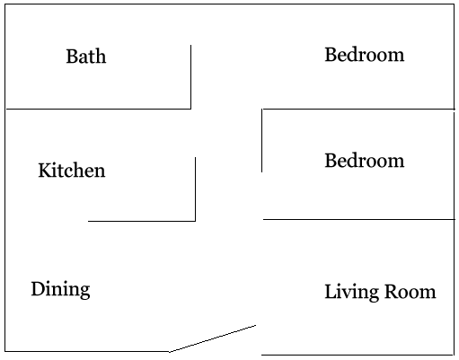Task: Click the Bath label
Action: click(86, 56)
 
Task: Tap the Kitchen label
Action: click(72, 171)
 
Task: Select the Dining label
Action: click(60, 289)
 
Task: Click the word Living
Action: click(351, 293)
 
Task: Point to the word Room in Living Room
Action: click(410, 292)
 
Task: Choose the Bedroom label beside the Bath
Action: click(365, 55)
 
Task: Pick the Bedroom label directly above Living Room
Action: click(365, 161)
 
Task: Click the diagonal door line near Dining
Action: click(213, 338)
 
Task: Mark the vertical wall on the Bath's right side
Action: click(190, 77)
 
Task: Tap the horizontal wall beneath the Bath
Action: click(99, 109)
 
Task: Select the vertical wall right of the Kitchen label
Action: click(195, 189)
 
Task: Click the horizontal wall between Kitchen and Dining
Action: click(142, 221)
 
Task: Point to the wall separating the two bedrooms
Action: click(358, 109)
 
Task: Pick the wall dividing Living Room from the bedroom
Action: click(359, 219)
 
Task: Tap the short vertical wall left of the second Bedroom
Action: click(262, 141)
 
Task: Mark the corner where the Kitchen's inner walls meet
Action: click(195, 221)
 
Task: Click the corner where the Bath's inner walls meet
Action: click(190, 109)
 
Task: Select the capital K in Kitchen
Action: click(45, 171)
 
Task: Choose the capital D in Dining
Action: click(38, 289)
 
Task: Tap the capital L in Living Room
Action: click(331, 292)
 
